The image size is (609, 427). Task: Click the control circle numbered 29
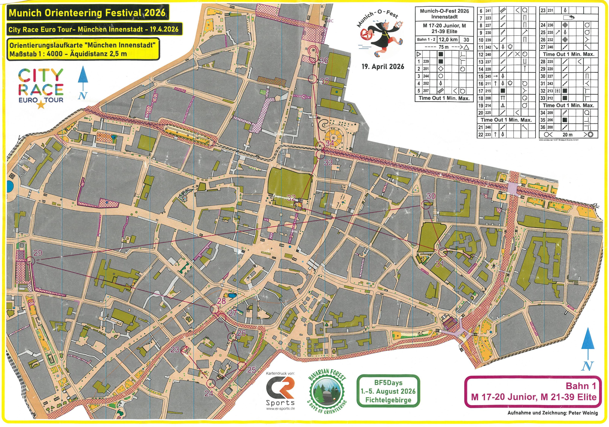tap(31, 261)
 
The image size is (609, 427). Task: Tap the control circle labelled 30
tap(425, 205)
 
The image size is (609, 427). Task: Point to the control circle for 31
tap(443, 252)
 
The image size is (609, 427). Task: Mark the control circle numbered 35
tap(312, 79)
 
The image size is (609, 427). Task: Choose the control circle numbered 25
tap(242, 366)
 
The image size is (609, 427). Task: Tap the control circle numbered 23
tap(185, 350)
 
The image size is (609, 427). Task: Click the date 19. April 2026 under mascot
tap(383, 66)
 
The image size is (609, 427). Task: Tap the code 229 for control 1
tap(426, 61)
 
